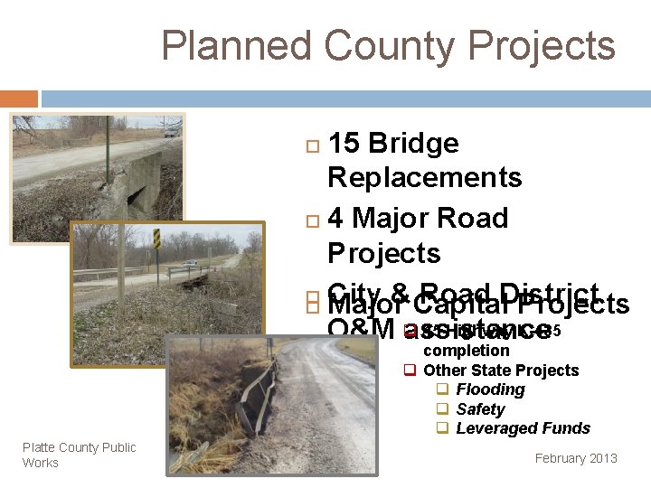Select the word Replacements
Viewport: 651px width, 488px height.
424,177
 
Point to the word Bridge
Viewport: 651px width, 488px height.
412,144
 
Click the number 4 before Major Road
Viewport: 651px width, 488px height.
335,219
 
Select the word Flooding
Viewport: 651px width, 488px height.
490,389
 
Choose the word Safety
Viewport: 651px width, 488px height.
480,409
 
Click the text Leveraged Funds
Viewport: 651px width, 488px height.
523,428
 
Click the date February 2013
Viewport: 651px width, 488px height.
576,458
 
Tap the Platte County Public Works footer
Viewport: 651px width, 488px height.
79,455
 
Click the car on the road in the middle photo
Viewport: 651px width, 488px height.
190,264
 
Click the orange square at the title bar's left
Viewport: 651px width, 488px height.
18,98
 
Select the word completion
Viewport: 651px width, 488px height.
466,351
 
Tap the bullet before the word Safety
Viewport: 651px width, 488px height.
443,409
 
